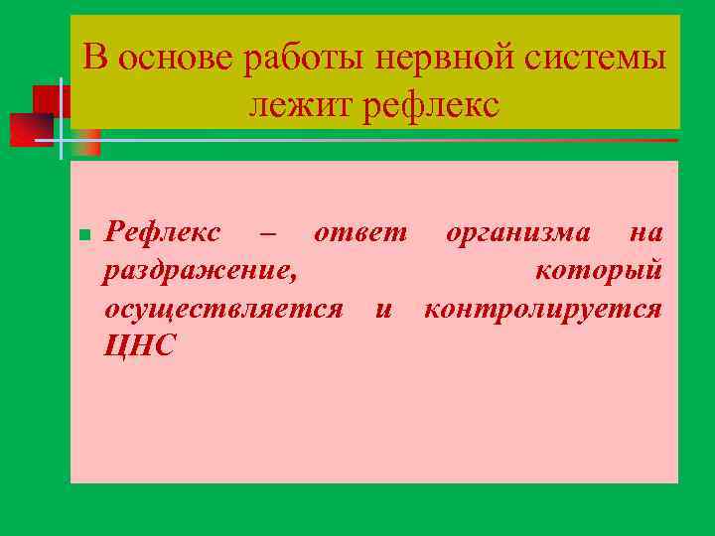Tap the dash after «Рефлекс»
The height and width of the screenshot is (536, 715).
click(266, 234)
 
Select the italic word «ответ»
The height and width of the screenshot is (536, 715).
click(359, 234)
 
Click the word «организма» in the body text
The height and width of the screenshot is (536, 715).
click(518, 233)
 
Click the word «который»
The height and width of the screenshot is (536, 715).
click(599, 271)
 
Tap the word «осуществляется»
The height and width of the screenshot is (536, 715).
click(223, 309)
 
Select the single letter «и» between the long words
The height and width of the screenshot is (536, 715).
click(382, 310)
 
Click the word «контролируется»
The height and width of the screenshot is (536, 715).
click(542, 309)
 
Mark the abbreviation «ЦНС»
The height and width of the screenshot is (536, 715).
click(139, 346)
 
